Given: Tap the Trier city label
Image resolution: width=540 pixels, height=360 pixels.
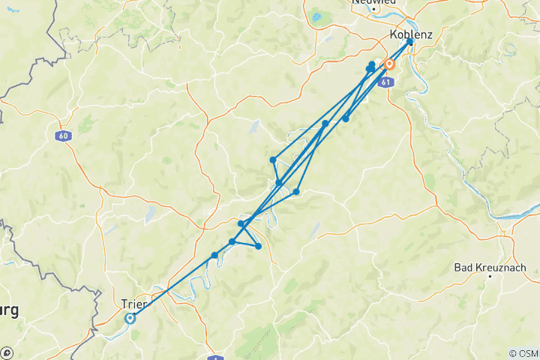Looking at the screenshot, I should pos(134,304).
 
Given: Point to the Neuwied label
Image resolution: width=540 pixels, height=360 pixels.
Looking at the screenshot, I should pos(373,2).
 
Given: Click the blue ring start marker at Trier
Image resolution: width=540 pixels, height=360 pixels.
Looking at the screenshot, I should pos(130,318).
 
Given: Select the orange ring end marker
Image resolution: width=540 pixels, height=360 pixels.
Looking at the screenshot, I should pos(389,64).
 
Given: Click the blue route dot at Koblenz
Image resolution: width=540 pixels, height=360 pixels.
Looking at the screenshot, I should pos(409,41).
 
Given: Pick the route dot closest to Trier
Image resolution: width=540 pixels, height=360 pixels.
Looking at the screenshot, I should pos(214,255).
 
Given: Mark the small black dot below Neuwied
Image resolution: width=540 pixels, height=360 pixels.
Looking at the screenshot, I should pos(374,9).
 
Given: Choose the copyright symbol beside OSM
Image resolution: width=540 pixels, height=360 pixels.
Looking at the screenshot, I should pos(512,353).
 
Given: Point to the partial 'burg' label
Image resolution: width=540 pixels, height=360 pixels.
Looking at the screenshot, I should pos(10,309).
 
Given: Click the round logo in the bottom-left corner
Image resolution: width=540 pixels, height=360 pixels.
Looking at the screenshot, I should pos(7,352).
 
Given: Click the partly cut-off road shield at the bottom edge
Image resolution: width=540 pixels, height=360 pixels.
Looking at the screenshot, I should pos(214,358).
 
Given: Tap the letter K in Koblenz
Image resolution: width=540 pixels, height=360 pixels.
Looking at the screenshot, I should pos(394,34).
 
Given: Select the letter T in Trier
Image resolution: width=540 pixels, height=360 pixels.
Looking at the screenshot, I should pos(124,304).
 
